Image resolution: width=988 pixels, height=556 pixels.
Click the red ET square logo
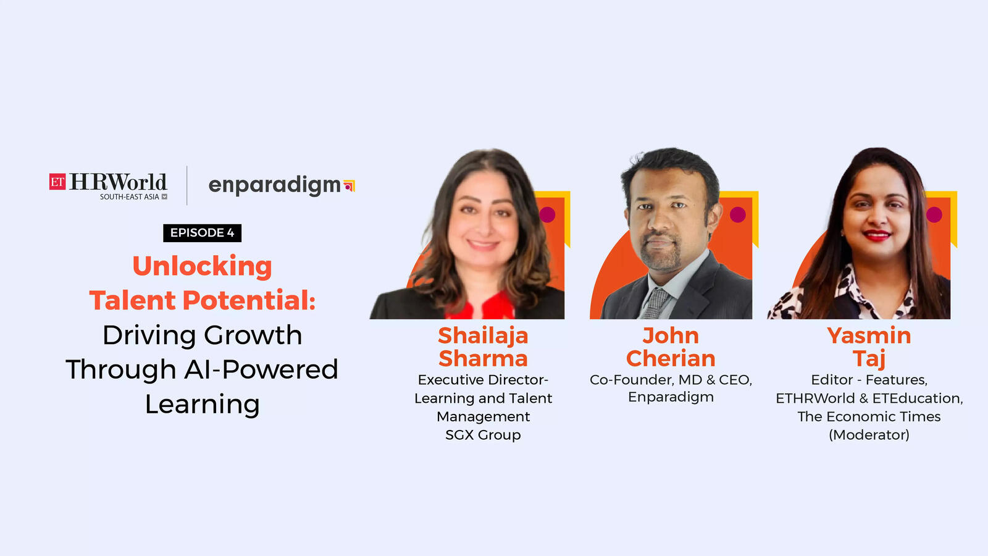[57, 182]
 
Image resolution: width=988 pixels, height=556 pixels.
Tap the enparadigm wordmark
[274, 185]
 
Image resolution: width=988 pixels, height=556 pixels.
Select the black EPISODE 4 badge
[202, 233]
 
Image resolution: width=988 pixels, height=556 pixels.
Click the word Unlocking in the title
[202, 267]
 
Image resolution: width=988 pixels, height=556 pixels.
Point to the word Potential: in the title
[249, 300]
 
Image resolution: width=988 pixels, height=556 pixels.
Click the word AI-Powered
[261, 369]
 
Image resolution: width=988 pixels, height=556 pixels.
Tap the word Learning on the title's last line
[202, 405]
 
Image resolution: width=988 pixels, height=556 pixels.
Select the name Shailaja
[483, 337]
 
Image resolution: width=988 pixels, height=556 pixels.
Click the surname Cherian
[671, 358]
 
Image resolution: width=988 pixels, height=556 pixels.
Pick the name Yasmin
[869, 336]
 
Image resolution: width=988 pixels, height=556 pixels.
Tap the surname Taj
[869, 359]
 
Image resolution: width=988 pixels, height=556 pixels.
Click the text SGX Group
[483, 435]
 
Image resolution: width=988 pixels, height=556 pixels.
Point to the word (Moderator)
[869, 435]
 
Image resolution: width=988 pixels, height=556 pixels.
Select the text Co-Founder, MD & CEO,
[671, 380]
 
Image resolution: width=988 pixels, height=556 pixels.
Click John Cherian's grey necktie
[655, 303]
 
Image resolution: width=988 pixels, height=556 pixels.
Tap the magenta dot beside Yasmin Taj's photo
[934, 215]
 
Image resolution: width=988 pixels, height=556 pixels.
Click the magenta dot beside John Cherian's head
[738, 215]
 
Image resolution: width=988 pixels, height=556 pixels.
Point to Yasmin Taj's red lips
[877, 235]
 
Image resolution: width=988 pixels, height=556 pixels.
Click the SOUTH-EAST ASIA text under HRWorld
[129, 197]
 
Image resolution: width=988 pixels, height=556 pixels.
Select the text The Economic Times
[869, 416]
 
